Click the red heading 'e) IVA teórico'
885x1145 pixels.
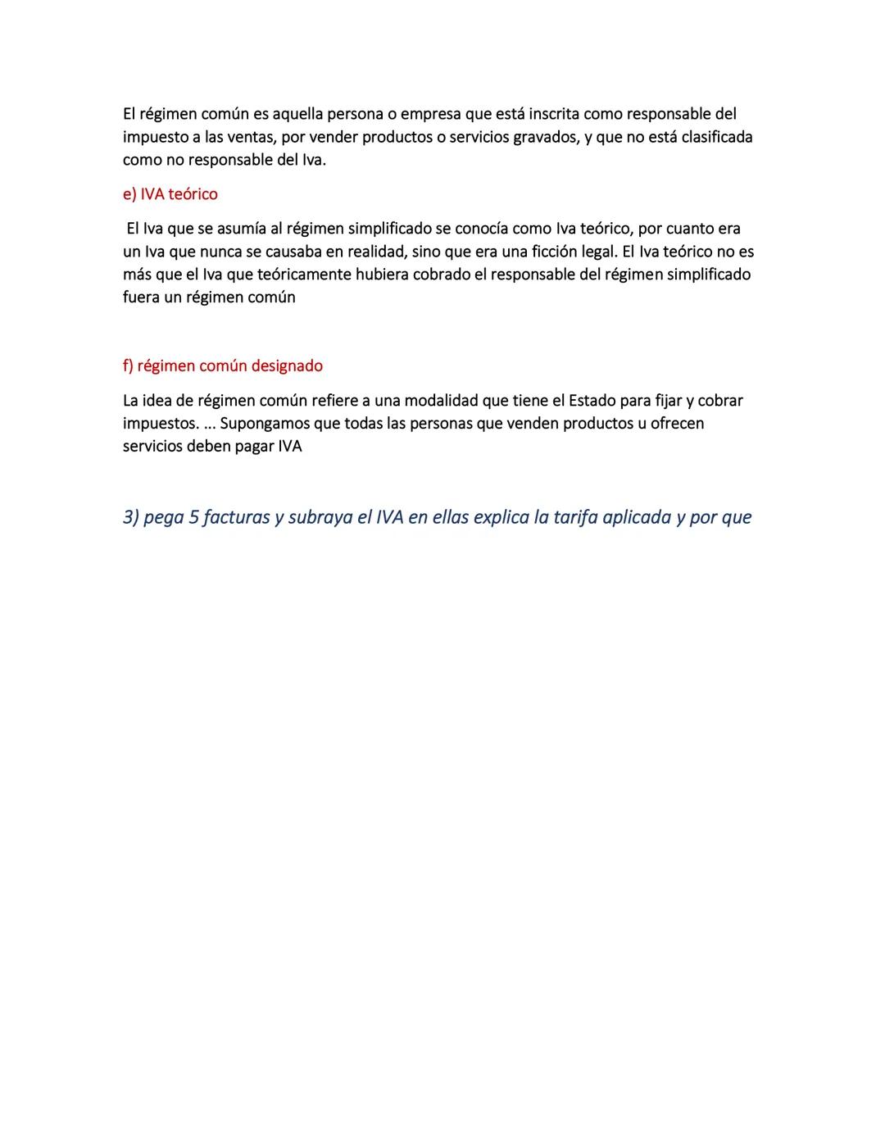tap(170, 194)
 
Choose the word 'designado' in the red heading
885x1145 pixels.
tap(287, 366)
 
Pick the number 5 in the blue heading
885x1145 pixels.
tap(193, 518)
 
